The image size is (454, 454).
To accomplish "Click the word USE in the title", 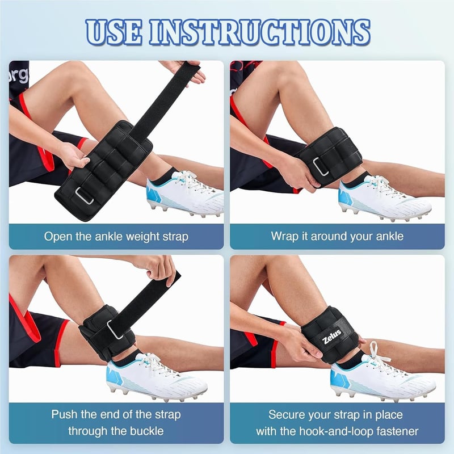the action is [114, 32].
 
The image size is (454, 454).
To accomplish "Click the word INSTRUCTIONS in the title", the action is [260, 32].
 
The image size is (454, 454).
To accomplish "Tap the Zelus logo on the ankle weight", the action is [332, 337].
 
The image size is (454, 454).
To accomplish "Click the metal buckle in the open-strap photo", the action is [84, 196].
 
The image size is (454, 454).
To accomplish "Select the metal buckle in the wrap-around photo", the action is [321, 166].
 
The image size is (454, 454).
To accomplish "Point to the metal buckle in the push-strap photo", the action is [115, 330].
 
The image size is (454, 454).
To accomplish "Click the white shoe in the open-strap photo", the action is [186, 192].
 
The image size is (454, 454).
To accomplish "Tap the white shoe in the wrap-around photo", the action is [384, 198].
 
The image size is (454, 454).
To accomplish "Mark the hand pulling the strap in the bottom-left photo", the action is [159, 268].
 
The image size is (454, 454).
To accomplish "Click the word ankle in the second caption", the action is [389, 236].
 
